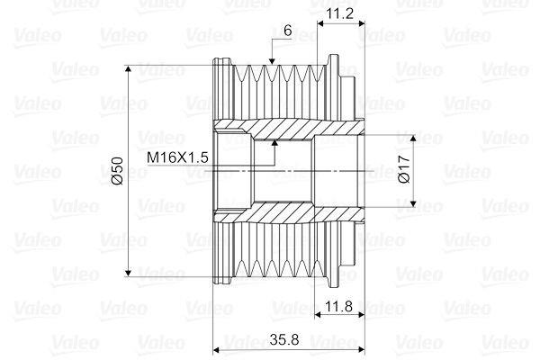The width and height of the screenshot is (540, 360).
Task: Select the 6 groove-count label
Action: click(286, 30)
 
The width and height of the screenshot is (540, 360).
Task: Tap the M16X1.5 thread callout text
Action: click(177, 157)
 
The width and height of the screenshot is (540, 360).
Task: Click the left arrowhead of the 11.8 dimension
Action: click(321, 317)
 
